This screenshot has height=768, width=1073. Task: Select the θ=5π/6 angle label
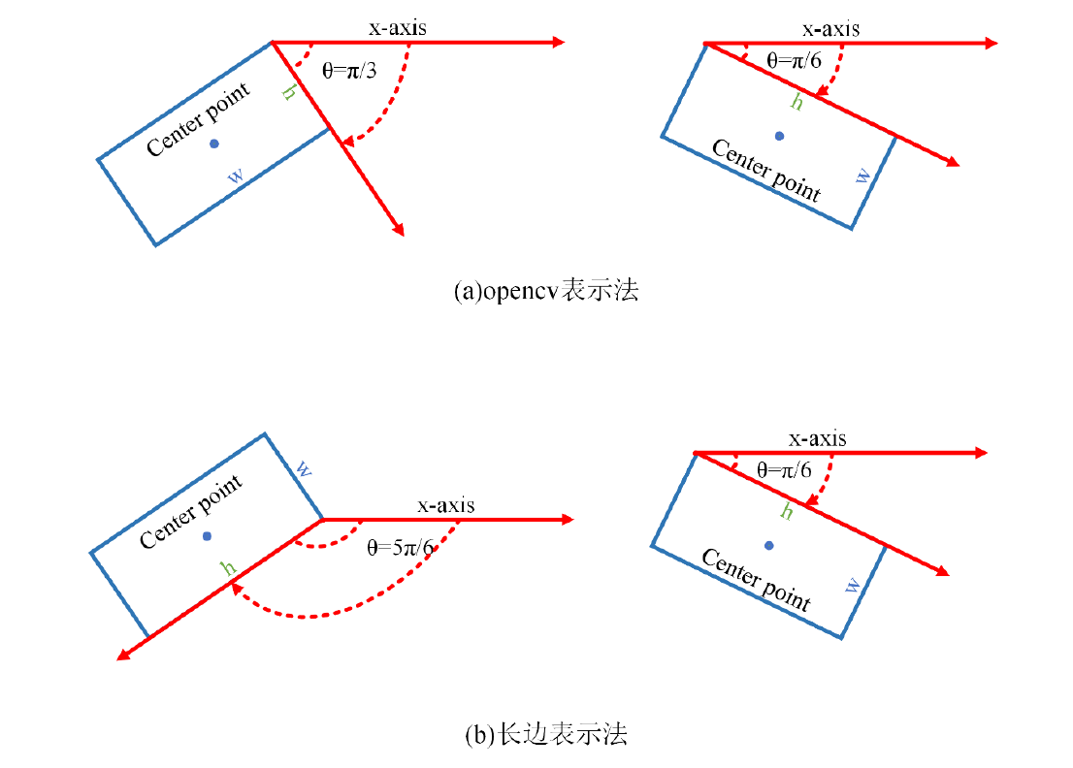(x=400, y=547)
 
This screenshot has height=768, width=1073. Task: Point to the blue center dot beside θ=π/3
(x=214, y=144)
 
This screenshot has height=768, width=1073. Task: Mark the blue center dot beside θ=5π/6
(x=207, y=535)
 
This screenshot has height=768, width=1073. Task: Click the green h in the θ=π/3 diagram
(x=288, y=93)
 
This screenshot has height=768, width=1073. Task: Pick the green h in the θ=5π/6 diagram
(x=229, y=568)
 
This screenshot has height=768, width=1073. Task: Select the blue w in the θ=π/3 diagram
(x=236, y=176)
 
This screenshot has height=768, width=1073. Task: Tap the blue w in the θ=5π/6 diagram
(x=304, y=469)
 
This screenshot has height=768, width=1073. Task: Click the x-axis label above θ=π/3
(x=397, y=28)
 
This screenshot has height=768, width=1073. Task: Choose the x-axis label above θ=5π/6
(x=445, y=505)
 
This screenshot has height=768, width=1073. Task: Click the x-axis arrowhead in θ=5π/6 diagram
(x=569, y=520)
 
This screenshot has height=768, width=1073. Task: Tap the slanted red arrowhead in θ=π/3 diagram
(x=399, y=229)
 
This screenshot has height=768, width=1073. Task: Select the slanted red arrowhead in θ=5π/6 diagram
(x=121, y=656)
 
